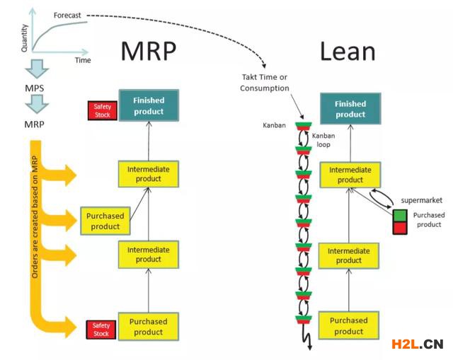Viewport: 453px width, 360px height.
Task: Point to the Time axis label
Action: pos(83,60)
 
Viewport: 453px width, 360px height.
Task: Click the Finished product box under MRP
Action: pos(148,106)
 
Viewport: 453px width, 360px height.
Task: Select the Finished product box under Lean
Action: pos(350,109)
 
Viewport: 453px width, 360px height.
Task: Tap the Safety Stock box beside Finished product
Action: pos(103,110)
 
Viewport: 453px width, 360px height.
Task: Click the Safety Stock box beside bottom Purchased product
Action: pos(103,329)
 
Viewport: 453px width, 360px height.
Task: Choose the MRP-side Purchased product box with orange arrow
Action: pos(105,221)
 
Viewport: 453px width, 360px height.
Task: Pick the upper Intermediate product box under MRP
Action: pos(148,174)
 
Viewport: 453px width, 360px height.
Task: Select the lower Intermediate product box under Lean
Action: pos(349,255)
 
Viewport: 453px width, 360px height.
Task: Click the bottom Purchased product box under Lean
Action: pos(349,326)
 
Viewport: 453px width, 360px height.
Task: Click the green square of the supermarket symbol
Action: pos(400,214)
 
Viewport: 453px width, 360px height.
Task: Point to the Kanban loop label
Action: pos(326,139)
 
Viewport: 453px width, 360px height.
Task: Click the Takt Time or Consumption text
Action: pos(265,83)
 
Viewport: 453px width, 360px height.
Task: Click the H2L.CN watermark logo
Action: pos(417,344)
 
